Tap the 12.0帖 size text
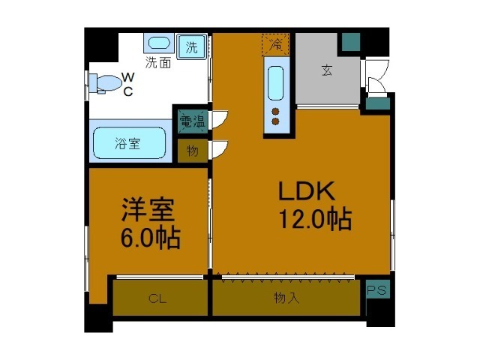pos(315,220)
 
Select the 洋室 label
pos(150,211)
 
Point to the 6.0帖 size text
pos(150,238)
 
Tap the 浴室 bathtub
pos(129,142)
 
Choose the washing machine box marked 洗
pos(192,46)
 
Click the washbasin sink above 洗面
pos(158,44)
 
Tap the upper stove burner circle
pos(275,110)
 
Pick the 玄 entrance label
pos(327,71)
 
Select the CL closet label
pos(157,298)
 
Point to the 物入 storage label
pos(286,298)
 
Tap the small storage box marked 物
pos(192,150)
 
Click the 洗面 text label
pos(158,63)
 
